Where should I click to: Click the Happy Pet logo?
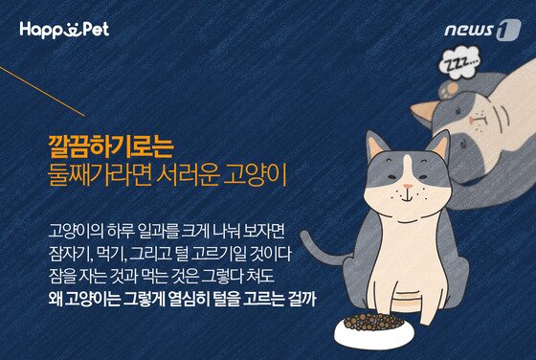(63, 29)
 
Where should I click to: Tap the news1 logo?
(481, 30)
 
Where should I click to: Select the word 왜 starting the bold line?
(54, 300)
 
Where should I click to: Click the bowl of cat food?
(371, 326)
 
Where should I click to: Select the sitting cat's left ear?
(376, 148)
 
